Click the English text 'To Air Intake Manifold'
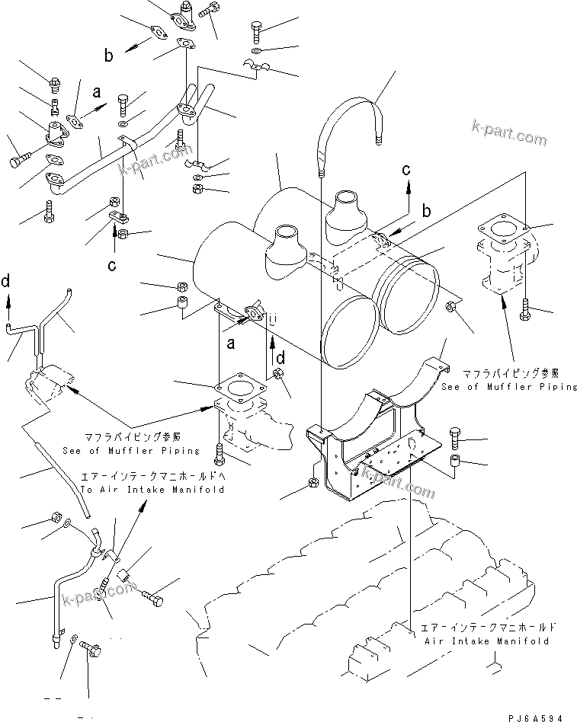tap(152, 490)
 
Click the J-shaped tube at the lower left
tap(61, 602)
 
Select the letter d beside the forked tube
tap(6, 282)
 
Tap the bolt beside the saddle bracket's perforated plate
tap(455, 436)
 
